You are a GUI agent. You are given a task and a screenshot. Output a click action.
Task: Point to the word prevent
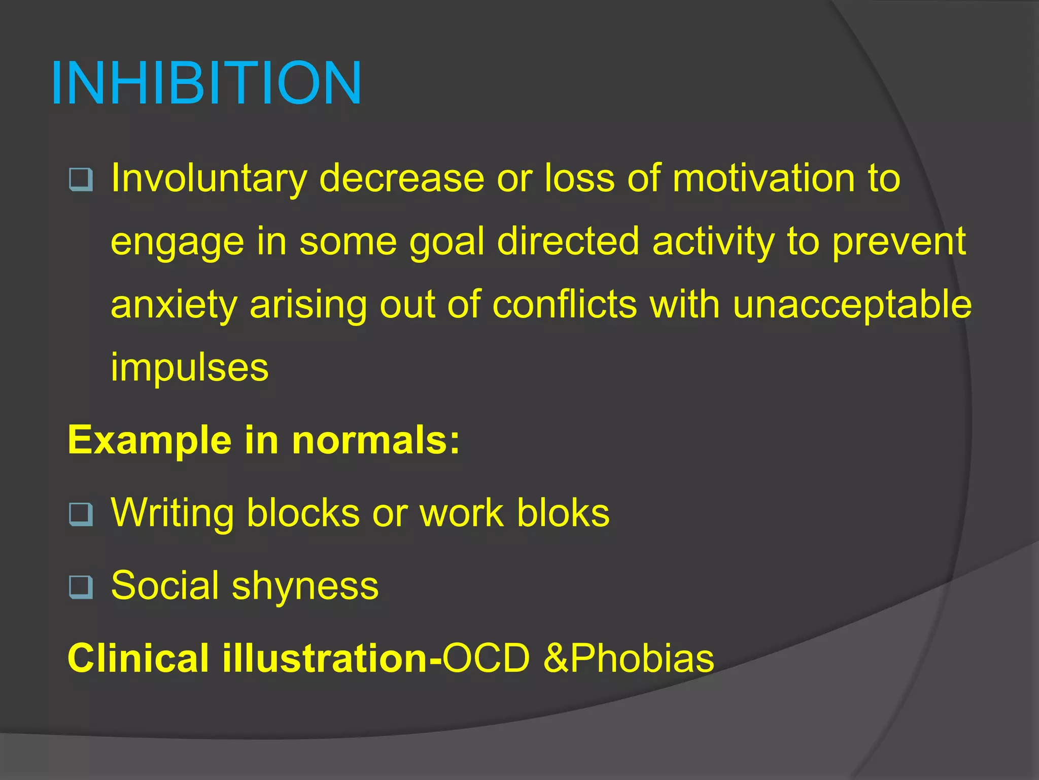[x=898, y=242]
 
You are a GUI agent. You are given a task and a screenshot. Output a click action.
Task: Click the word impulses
[x=189, y=367]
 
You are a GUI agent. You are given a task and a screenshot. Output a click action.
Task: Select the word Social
[x=165, y=586]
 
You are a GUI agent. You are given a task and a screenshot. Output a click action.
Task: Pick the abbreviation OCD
[x=486, y=659]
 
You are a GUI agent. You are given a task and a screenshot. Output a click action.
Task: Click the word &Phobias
[x=629, y=659]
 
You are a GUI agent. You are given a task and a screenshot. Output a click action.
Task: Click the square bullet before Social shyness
[x=81, y=587]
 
